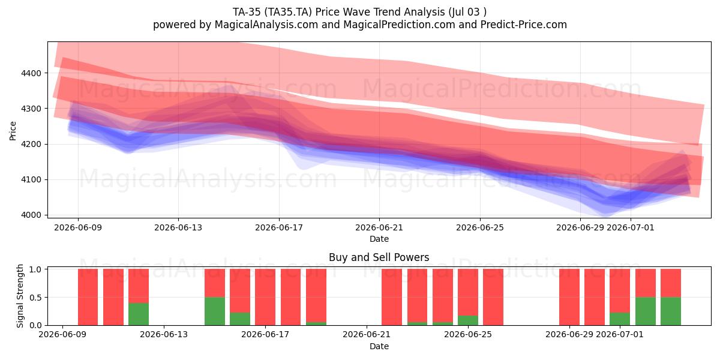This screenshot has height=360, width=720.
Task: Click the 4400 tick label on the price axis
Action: pyautogui.click(x=31, y=73)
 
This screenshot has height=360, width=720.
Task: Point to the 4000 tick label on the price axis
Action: pyautogui.click(x=31, y=215)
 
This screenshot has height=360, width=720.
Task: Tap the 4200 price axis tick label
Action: pyautogui.click(x=31, y=145)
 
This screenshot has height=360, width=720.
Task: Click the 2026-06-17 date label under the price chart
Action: pyautogui.click(x=279, y=227)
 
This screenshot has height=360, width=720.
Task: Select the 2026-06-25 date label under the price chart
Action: pyautogui.click(x=480, y=227)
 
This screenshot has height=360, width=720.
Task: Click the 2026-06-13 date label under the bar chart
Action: pyautogui.click(x=164, y=334)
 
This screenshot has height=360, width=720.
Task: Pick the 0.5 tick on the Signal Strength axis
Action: pyautogui.click(x=35, y=298)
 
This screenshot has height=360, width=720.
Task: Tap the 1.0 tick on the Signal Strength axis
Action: pyautogui.click(x=35, y=269)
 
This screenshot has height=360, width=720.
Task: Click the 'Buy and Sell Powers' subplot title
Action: pyautogui.click(x=379, y=257)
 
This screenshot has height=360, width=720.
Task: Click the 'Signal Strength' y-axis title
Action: pyautogui.click(x=20, y=296)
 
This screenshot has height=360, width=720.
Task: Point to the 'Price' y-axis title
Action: pyautogui.click(x=13, y=131)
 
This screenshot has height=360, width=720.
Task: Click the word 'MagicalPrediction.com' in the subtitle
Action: pyautogui.click(x=399, y=25)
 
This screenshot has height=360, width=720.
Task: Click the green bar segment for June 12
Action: pyautogui.click(x=139, y=314)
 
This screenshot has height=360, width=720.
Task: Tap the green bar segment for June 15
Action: pyautogui.click(x=215, y=311)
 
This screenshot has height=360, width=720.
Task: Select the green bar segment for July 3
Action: pyautogui.click(x=671, y=311)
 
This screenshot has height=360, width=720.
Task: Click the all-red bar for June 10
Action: pyautogui.click(x=113, y=297)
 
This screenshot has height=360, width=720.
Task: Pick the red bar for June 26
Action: pyautogui.click(x=493, y=297)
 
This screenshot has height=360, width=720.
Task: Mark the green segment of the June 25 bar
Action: pyautogui.click(x=468, y=320)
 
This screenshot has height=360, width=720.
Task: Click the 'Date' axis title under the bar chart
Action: pyautogui.click(x=379, y=346)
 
